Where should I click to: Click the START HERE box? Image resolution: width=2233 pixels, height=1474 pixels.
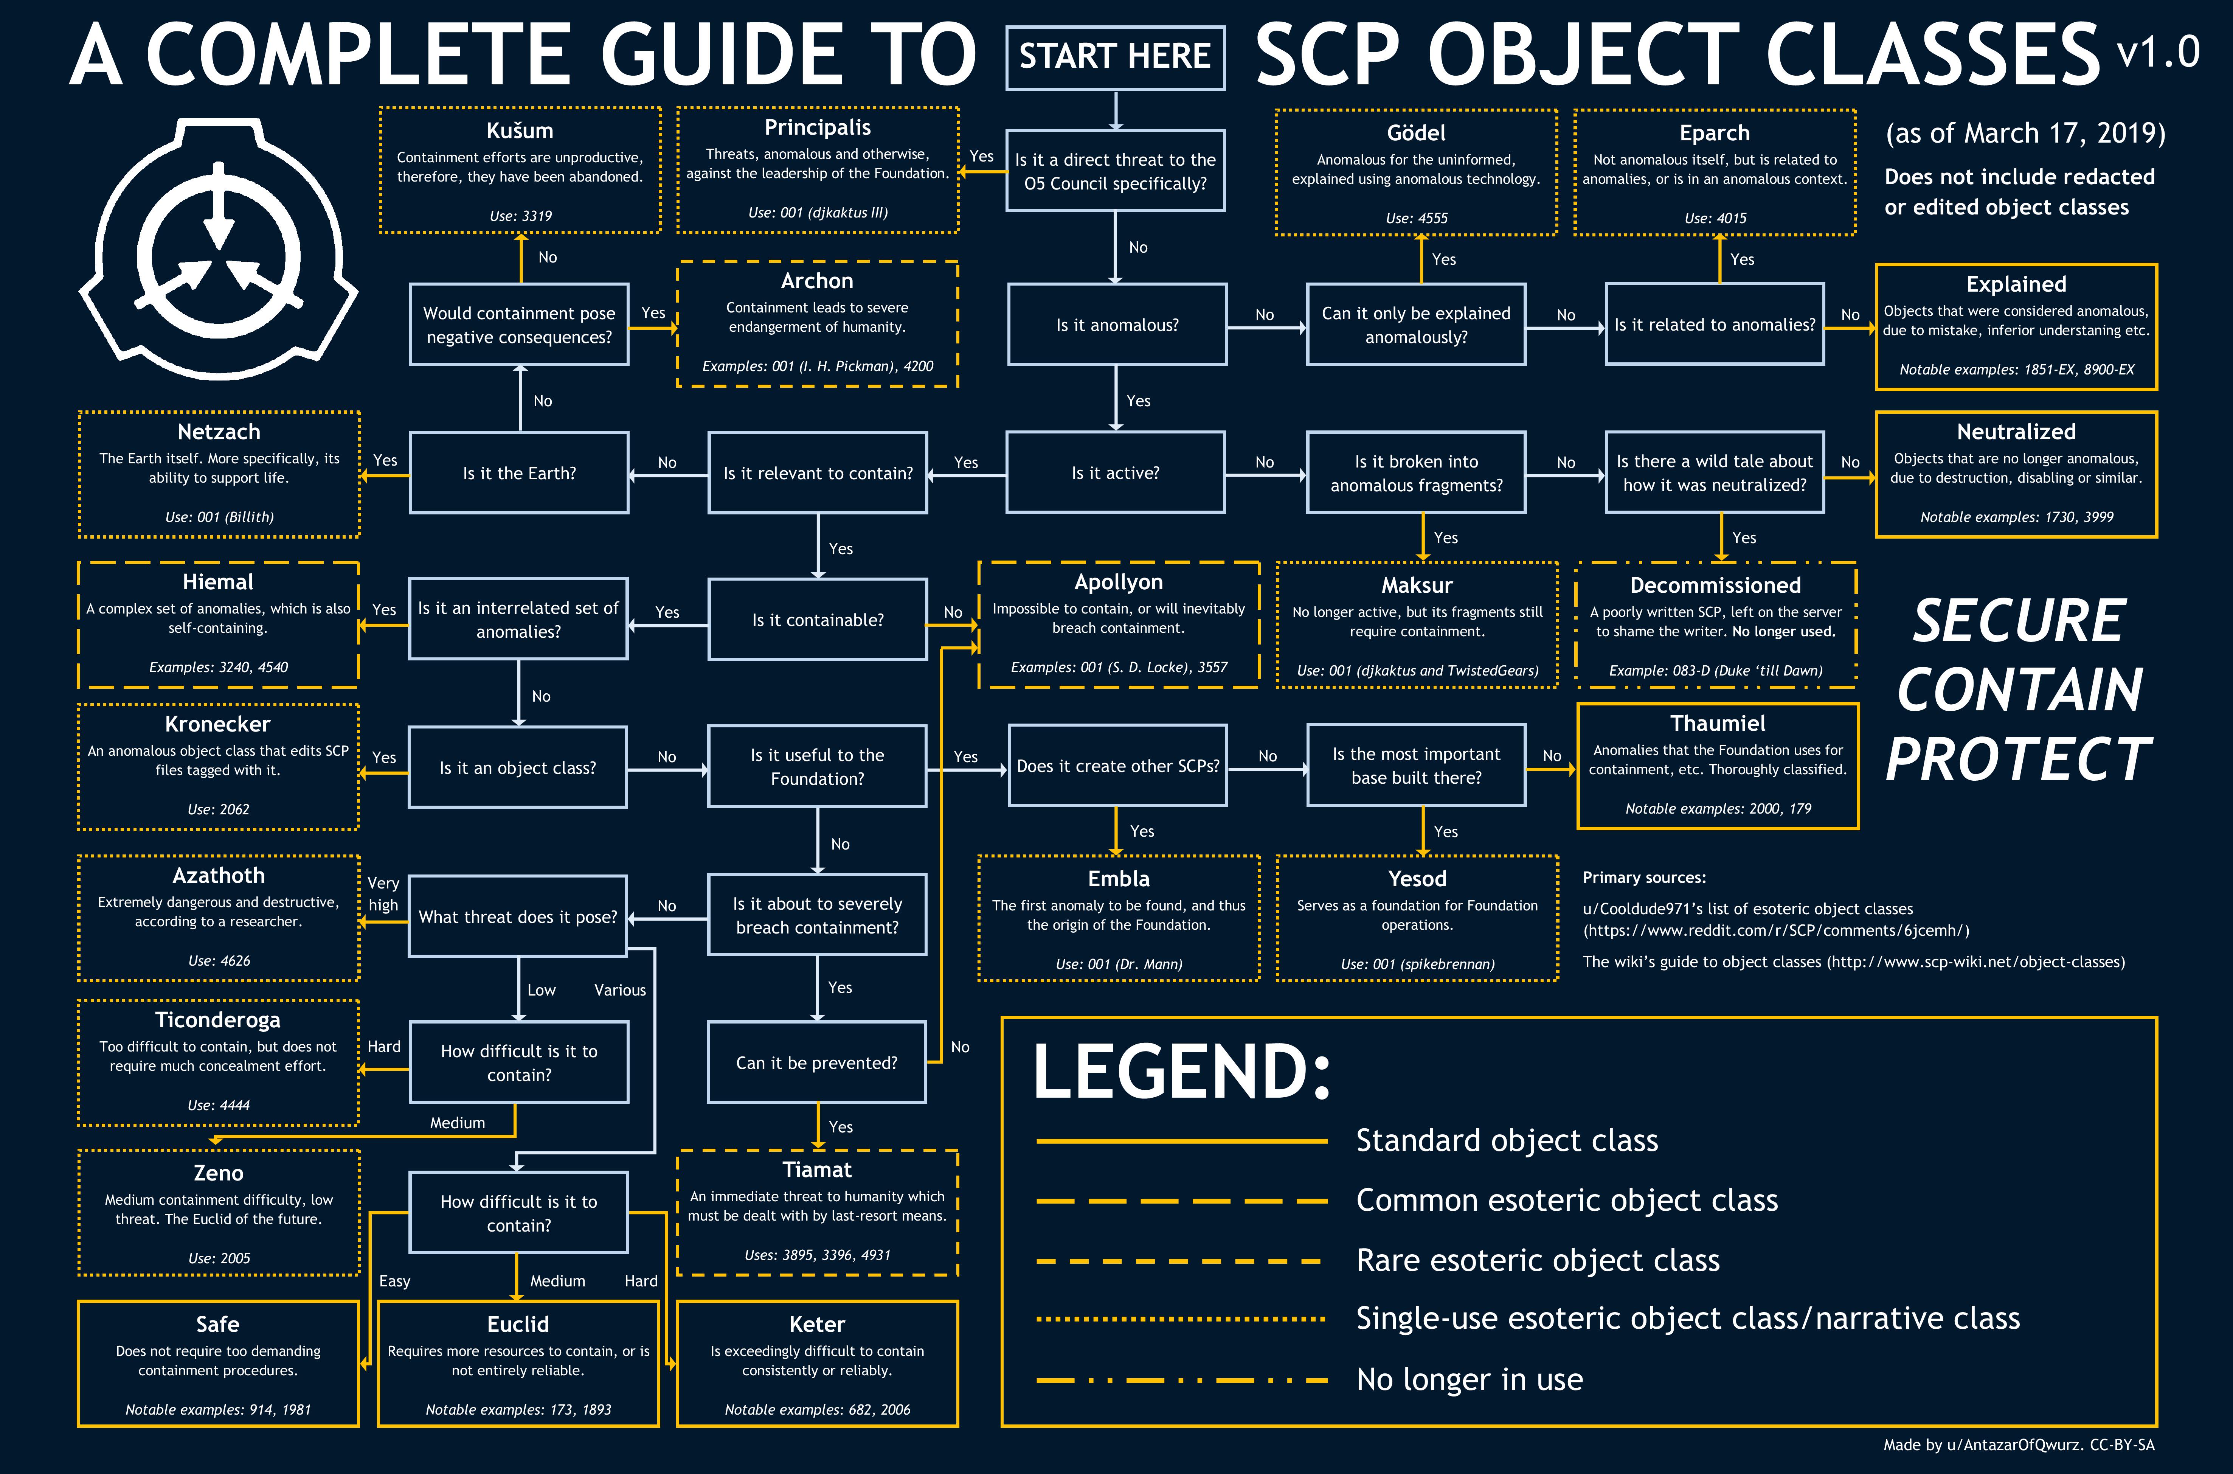pyautogui.click(x=1116, y=57)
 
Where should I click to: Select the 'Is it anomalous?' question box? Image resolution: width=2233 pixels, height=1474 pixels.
pyautogui.click(x=1116, y=324)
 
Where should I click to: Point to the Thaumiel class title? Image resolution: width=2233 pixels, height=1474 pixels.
pyautogui.click(x=1718, y=723)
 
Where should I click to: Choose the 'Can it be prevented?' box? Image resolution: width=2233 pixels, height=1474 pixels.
pyautogui.click(x=817, y=1062)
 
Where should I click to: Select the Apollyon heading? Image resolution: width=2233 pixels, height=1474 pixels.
pyautogui.click(x=1118, y=582)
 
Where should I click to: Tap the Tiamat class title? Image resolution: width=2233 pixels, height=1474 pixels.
pyautogui.click(x=817, y=1170)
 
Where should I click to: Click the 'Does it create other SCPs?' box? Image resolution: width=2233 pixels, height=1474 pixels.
pyautogui.click(x=1117, y=765)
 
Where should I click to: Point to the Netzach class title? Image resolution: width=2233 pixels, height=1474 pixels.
pyautogui.click(x=219, y=432)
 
